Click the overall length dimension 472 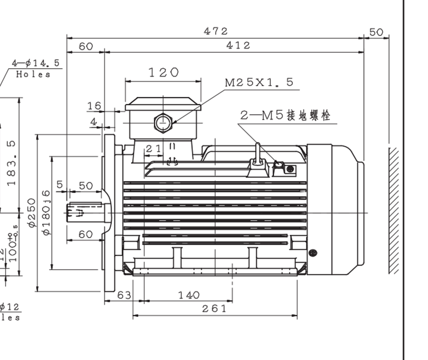[x=216, y=31]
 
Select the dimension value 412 [x=238, y=45]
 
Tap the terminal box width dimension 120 [x=164, y=73]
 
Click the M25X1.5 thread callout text [x=259, y=83]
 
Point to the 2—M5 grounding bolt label [x=285, y=116]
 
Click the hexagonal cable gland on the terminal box [x=162, y=122]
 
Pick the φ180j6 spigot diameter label [x=47, y=213]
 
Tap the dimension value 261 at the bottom [x=215, y=309]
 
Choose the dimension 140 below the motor [x=189, y=295]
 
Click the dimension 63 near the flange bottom [x=124, y=295]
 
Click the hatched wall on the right [x=394, y=210]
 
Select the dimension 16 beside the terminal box [x=94, y=106]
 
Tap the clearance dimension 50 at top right [x=376, y=32]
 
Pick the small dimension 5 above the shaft [x=60, y=184]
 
